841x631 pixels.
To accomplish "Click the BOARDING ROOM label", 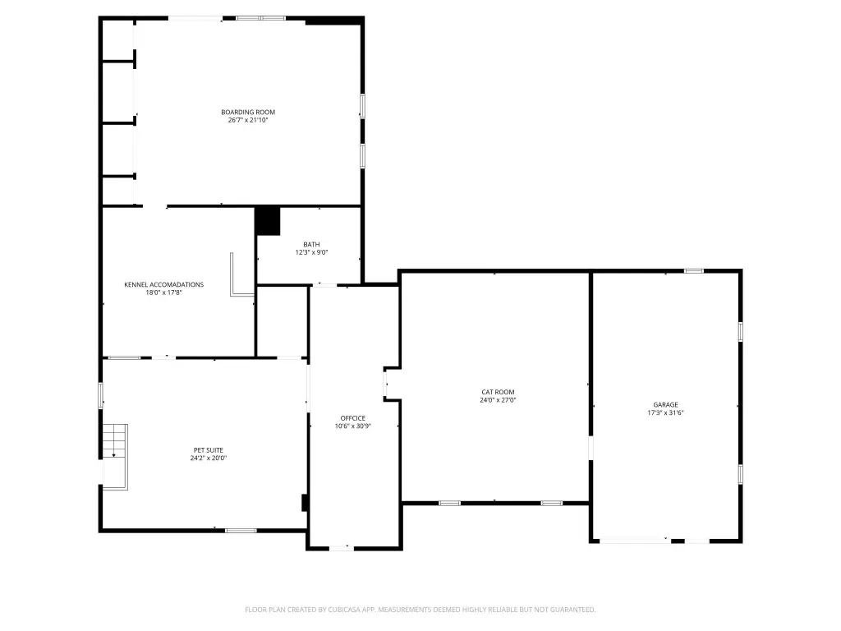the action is tap(248, 112).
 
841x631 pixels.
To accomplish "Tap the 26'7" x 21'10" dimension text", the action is tap(248, 120).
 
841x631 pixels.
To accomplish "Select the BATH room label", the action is tap(311, 244).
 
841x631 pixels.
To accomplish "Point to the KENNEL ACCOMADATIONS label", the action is tap(164, 284).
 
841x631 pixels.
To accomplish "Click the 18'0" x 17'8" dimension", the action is tap(164, 292).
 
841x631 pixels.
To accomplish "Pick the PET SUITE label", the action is tap(209, 450).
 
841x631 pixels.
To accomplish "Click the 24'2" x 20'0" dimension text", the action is tap(209, 458).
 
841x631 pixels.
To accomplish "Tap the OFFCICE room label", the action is tap(353, 418).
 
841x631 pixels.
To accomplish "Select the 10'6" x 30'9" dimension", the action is tap(353, 426).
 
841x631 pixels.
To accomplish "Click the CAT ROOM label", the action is tap(498, 392).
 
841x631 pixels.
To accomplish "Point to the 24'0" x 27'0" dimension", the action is tap(498, 400).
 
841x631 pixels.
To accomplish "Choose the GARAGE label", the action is tap(665, 404).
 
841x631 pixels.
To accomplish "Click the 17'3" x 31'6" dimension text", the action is tap(665, 412).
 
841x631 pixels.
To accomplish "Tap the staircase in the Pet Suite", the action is tap(115, 457).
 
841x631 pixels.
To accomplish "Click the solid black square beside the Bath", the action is tap(267, 221).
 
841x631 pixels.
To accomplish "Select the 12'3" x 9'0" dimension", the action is tap(311, 252).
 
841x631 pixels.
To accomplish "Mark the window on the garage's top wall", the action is tap(693, 271).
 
